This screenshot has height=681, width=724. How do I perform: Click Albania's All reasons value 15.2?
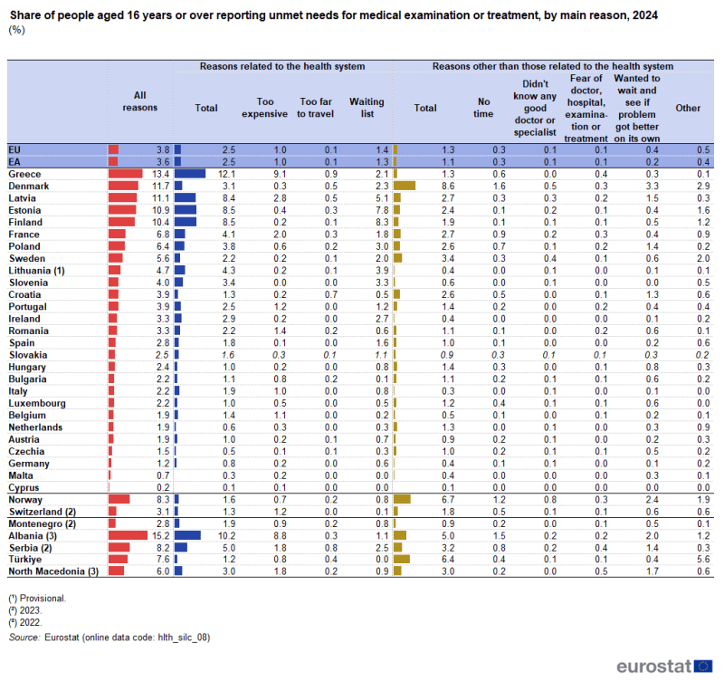(160, 535)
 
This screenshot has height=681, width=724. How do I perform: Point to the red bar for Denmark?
(122, 185)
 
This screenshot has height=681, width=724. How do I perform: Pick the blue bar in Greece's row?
(190, 173)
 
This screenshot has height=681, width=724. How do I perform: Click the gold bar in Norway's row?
(402, 499)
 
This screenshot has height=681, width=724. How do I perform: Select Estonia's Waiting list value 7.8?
(381, 209)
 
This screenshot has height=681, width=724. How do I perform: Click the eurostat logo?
(665, 666)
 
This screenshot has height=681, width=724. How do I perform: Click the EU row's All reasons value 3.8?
(162, 149)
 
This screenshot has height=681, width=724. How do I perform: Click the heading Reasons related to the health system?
(282, 66)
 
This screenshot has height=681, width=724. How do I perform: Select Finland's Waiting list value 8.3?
(381, 221)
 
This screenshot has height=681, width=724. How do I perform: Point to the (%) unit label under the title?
(15, 30)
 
